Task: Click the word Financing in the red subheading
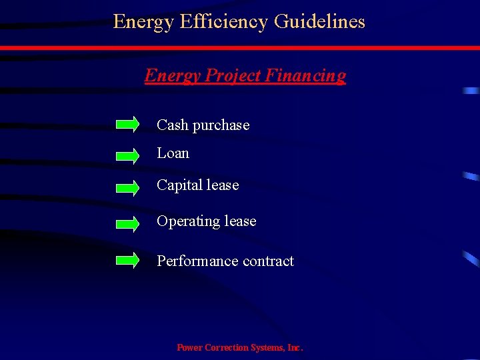tap(305, 76)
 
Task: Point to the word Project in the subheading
tap(233, 76)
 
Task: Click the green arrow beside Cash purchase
tap(127, 124)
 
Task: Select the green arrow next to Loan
tap(127, 155)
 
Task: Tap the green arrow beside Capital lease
tap(127, 187)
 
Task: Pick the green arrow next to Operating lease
tap(127, 223)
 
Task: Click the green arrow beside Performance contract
tap(127, 260)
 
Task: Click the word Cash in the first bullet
tap(173, 125)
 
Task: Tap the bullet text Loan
tap(173, 153)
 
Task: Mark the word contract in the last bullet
tap(268, 261)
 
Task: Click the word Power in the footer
tap(190, 348)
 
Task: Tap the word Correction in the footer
tap(226, 348)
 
